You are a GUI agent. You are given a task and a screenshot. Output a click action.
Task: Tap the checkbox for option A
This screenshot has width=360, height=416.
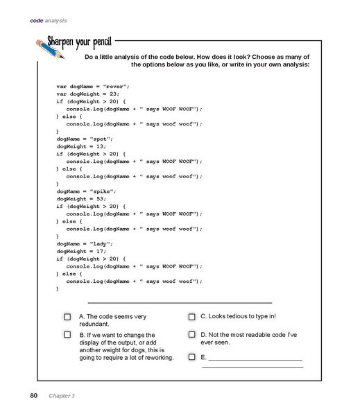pos(67,317)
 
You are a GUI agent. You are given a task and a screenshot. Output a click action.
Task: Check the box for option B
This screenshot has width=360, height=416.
pos(67,334)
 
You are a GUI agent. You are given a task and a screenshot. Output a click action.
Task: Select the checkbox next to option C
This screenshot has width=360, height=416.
pos(191,317)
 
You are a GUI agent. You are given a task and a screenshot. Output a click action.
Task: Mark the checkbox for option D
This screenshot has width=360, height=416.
pos(191,334)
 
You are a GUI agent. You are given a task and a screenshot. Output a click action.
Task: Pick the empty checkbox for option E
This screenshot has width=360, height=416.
pos(191,357)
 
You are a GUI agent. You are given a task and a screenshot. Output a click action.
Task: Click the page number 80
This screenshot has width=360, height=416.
pos(33,396)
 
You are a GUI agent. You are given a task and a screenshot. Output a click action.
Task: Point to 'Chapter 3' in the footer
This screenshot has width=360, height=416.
pos(62,396)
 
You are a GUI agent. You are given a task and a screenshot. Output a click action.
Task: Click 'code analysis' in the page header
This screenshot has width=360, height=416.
pos(49,20)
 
